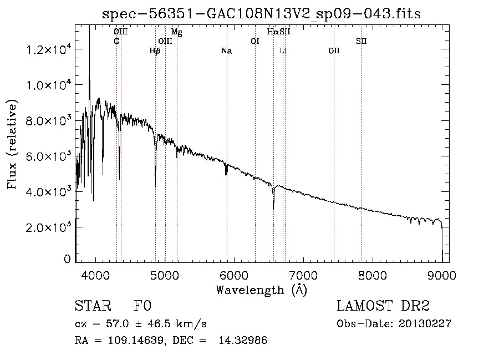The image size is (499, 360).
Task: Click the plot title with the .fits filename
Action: pyautogui.click(x=262, y=14)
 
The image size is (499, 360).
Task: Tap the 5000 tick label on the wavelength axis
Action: pyautogui.click(x=165, y=275)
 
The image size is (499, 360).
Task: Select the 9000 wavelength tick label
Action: pyautogui.click(x=442, y=275)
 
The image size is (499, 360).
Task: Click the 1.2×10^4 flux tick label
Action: pyautogui.click(x=48, y=50)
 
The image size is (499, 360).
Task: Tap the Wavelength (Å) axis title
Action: pyautogui.click(x=261, y=290)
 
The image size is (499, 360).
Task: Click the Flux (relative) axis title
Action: pyautogui.click(x=12, y=144)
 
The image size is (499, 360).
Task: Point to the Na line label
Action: pyautogui.click(x=226, y=51)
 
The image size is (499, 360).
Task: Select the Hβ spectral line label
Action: pyautogui.click(x=155, y=51)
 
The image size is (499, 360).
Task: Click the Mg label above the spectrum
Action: pyautogui.click(x=176, y=32)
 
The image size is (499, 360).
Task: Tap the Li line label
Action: pyautogui.click(x=283, y=51)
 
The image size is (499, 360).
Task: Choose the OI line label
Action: pyautogui.click(x=255, y=41)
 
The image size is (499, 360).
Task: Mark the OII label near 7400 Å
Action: pyautogui.click(x=334, y=51)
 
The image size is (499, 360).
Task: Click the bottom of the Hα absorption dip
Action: pyautogui.click(x=273, y=209)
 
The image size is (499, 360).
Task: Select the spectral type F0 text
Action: pyautogui.click(x=142, y=307)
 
